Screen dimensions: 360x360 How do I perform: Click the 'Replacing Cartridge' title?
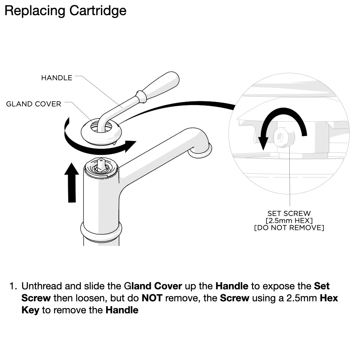coord(65,11)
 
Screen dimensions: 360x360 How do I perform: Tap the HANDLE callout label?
coord(57,78)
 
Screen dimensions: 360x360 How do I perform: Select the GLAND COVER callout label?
coord(33,104)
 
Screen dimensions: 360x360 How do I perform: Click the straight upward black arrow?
coord(72,182)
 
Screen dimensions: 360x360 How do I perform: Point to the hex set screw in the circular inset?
coord(284,137)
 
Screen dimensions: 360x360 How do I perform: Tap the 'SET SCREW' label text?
coord(289,213)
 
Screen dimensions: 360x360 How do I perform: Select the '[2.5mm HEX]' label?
coord(289,221)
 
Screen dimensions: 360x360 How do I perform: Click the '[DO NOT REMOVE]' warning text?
coord(289,228)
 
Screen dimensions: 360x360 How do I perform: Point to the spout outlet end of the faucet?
coord(200,151)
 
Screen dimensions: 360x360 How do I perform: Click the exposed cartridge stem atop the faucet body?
coord(101,165)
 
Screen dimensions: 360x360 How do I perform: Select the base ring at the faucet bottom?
coord(101,232)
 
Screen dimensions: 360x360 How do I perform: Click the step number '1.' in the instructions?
coord(13,286)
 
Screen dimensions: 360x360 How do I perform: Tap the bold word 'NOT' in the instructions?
coord(152,298)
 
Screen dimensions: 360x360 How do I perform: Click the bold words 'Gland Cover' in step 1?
coord(153,286)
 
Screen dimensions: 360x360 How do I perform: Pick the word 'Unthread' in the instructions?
coord(42,286)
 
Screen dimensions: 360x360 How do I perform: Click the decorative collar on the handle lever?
coord(141,96)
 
